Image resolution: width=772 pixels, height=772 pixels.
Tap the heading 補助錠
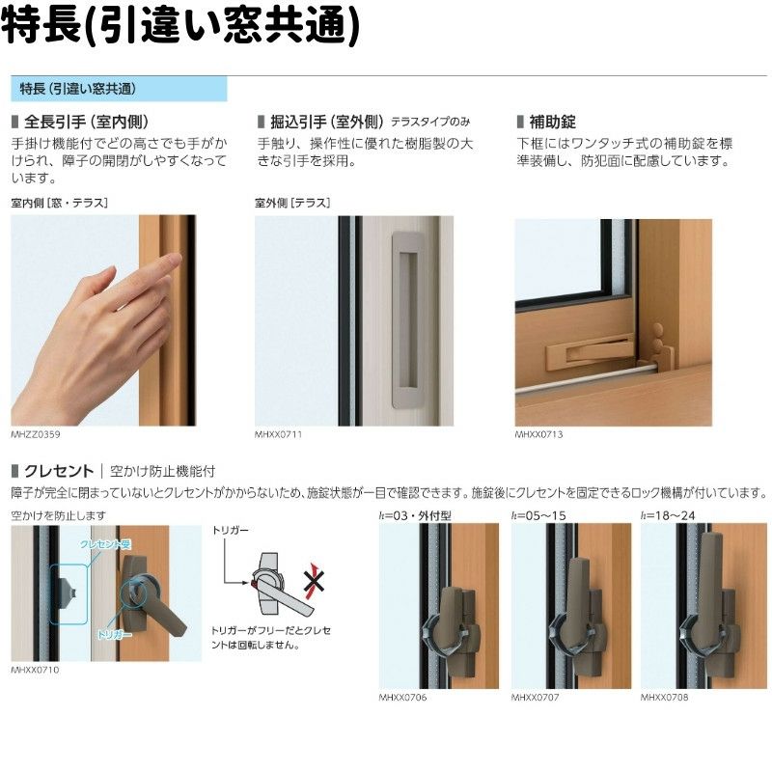[x=552, y=123]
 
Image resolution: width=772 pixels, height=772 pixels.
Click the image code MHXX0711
[x=279, y=434]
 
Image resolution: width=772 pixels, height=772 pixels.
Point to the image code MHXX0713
[x=538, y=434]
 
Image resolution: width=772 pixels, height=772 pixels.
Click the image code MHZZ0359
[x=35, y=434]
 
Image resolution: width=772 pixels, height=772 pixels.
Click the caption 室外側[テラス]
[x=292, y=203]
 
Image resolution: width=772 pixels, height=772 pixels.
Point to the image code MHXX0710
[x=35, y=669]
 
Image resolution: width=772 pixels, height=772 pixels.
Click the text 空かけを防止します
[x=59, y=515]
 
